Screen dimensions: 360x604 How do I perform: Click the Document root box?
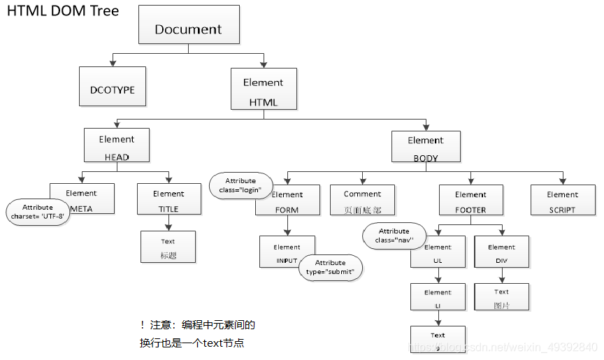pos(188,24)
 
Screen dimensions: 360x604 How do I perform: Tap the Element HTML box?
pos(264,89)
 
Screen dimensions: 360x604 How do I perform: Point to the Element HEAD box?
pos(117,145)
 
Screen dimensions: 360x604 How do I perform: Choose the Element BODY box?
pos(426,147)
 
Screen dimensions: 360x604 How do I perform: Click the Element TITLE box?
pos(168,199)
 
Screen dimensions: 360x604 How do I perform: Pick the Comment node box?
pos(362,200)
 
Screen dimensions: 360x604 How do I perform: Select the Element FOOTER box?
pos(470,200)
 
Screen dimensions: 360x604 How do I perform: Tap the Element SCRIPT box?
pos(563,200)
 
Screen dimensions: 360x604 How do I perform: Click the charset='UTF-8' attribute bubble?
pos(38,212)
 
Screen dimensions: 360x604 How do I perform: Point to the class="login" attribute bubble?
pos(240,185)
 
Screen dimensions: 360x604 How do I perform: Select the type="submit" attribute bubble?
pos(331,267)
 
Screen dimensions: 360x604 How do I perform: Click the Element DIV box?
pos(501,253)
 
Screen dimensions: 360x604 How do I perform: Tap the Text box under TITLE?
pos(168,247)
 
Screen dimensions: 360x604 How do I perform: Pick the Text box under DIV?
pos(501,297)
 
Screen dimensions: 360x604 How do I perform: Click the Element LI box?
pos(438,297)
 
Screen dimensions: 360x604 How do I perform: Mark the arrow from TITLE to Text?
pos(168,222)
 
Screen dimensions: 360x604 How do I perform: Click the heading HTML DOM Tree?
pos(63,11)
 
